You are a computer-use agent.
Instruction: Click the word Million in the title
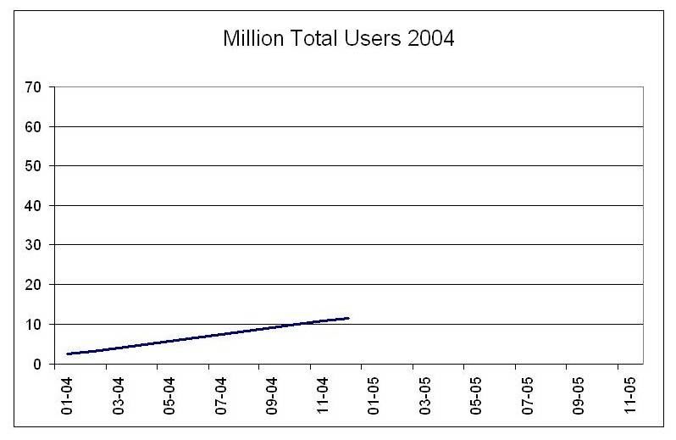(249, 41)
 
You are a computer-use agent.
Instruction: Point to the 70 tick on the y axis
(36, 87)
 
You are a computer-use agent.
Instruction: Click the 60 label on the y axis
(36, 127)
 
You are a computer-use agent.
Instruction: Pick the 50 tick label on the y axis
(36, 166)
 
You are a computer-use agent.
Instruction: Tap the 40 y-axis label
(36, 206)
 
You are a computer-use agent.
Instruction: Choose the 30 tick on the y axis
(36, 245)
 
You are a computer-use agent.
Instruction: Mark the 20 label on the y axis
(36, 285)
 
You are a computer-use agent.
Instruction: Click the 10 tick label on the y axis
(36, 325)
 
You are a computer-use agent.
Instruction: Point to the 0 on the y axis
(39, 364)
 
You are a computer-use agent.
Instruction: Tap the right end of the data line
(348, 318)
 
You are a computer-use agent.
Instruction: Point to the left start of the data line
(68, 354)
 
